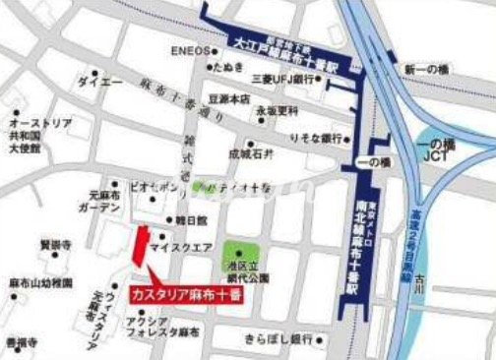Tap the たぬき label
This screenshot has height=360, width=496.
point(234,67)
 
